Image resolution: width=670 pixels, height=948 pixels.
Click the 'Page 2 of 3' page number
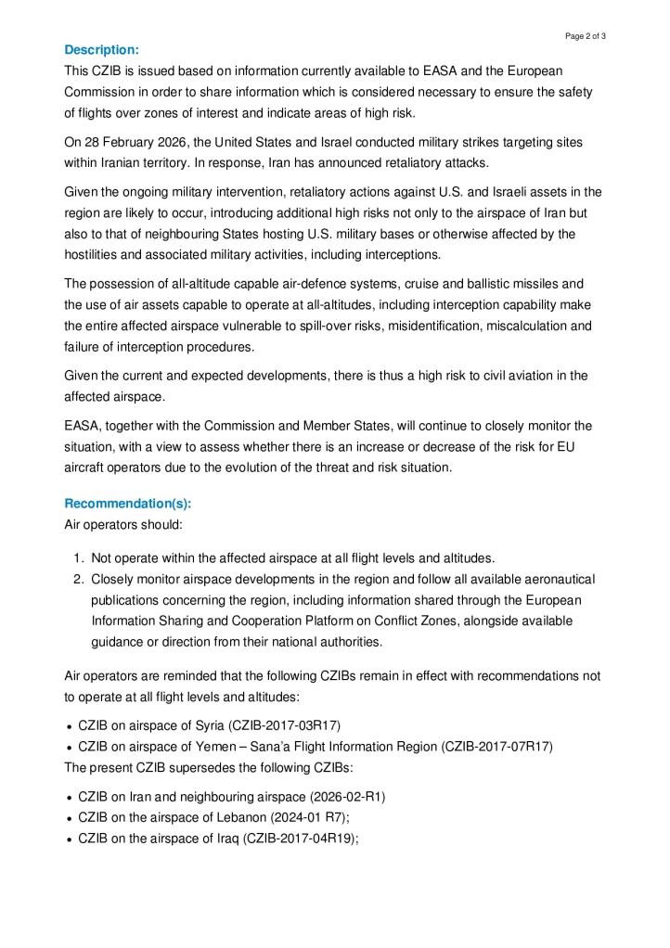pos(585,35)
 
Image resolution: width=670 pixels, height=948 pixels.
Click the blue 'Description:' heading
pos(101,49)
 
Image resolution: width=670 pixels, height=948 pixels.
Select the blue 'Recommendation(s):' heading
pos(127,504)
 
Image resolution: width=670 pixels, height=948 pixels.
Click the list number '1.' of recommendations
pos(78,557)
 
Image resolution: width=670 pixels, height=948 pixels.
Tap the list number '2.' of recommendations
pos(78,579)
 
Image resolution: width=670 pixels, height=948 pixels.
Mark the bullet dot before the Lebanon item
pos(70,818)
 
